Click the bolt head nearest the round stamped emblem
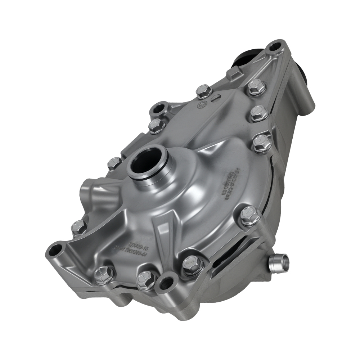click(x=204, y=91)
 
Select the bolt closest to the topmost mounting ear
click(x=256, y=87)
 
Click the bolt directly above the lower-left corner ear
click(x=78, y=227)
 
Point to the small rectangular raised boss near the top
click(x=231, y=76)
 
